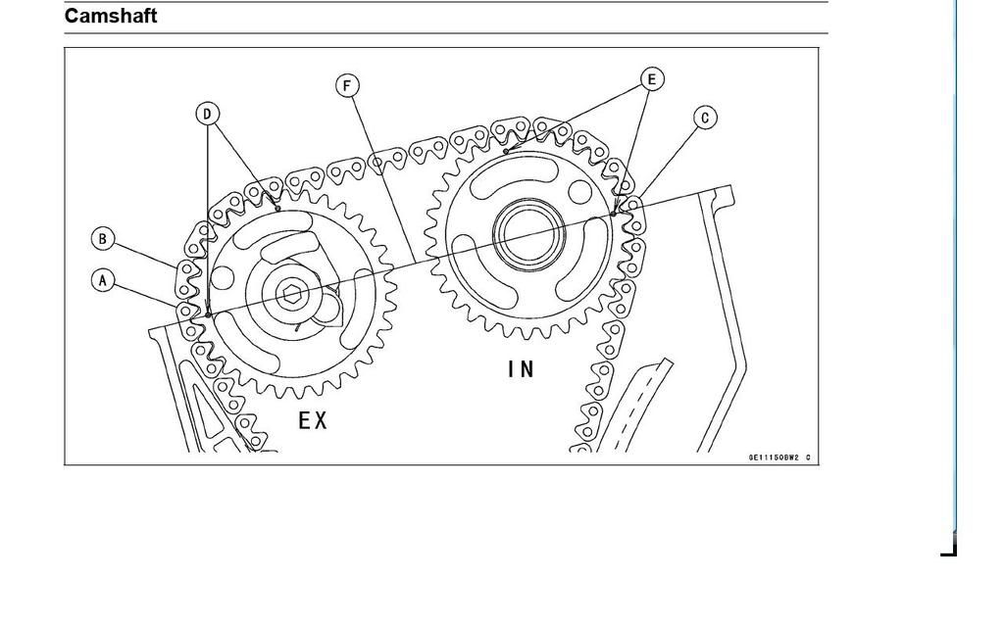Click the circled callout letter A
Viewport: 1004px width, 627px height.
coord(103,280)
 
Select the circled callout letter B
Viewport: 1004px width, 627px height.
coord(103,238)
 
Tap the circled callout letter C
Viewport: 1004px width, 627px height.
coord(705,118)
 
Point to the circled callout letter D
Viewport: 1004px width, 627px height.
coord(207,114)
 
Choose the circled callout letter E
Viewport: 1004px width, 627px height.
coord(652,78)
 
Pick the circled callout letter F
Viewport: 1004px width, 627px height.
coord(346,85)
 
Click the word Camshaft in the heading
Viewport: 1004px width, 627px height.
coord(111,16)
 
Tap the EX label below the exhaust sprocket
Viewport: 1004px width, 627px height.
coord(313,420)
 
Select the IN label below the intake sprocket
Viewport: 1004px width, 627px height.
coord(522,369)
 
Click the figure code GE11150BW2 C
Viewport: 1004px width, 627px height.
coord(780,458)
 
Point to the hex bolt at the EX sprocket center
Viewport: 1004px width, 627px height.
coord(291,293)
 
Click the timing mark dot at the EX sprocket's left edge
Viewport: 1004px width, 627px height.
coord(209,314)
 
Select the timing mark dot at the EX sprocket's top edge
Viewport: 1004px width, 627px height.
coord(278,209)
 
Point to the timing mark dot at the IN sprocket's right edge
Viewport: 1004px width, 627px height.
coord(614,213)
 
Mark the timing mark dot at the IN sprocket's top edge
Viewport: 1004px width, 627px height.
coord(505,152)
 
